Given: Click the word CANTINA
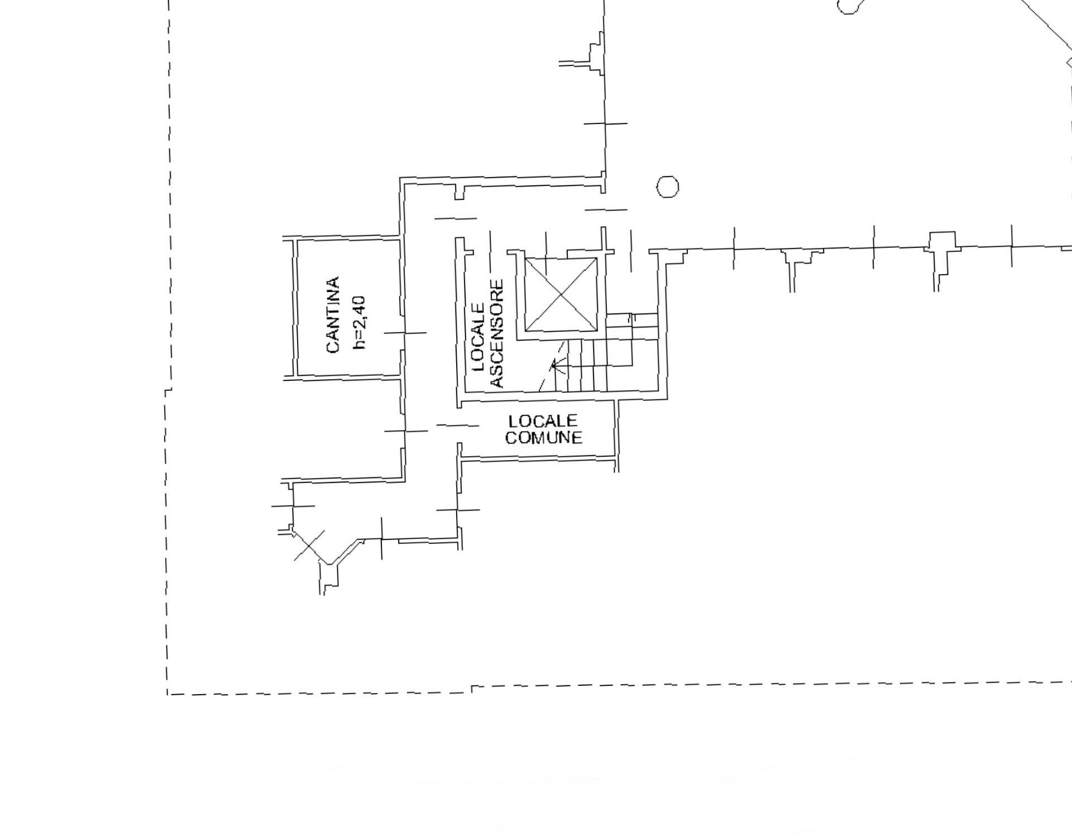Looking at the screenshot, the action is click(x=333, y=314).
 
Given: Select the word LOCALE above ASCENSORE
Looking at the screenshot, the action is click(x=478, y=338).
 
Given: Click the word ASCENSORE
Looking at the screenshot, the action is click(x=496, y=334).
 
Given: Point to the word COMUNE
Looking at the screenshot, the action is click(x=543, y=437).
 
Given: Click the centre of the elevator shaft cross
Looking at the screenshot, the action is click(x=561, y=294).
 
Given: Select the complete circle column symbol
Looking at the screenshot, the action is click(x=667, y=187).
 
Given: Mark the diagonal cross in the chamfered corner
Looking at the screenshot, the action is click(x=309, y=545).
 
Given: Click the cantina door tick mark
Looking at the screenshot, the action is click(x=405, y=333).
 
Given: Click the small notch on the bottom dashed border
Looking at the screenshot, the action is click(x=473, y=689).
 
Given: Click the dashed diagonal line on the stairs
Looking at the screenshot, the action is click(x=553, y=366).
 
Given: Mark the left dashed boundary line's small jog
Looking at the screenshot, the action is click(x=168, y=389).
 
